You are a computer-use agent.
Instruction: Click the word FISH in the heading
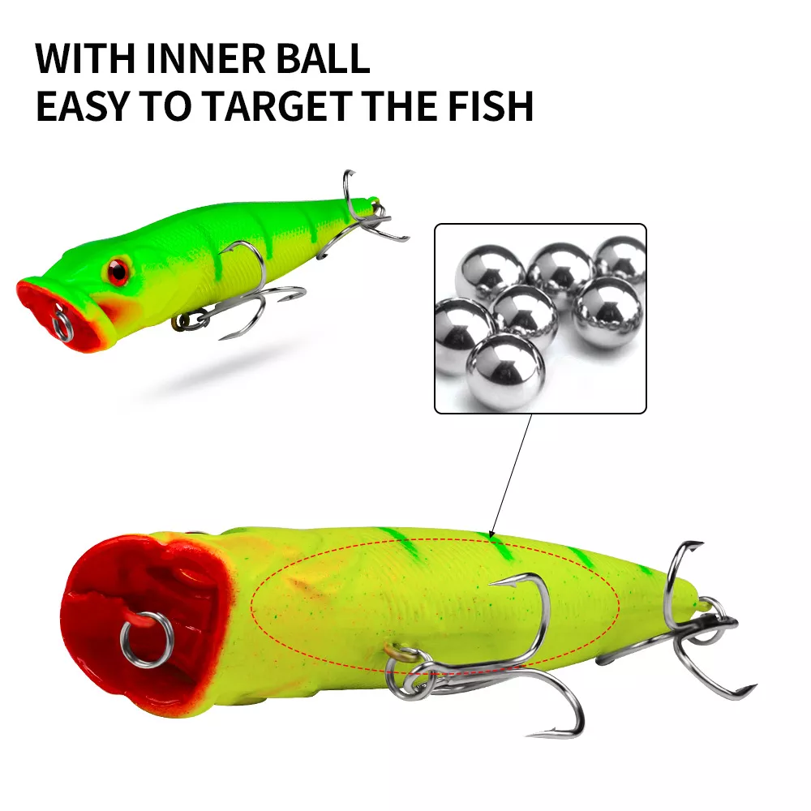(x=490, y=106)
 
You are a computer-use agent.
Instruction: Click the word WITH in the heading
(x=85, y=58)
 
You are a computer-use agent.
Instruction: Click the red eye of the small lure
(x=118, y=271)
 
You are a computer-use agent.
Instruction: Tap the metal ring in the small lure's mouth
(x=62, y=325)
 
